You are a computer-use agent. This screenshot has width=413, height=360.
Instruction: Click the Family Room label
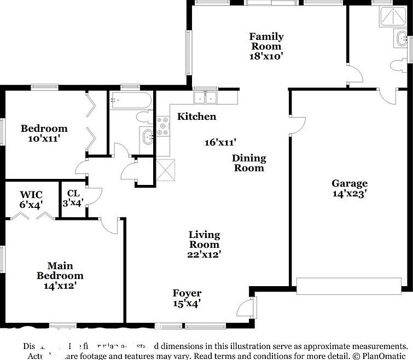pos(266,42)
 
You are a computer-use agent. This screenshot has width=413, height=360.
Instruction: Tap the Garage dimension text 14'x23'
pos(349,193)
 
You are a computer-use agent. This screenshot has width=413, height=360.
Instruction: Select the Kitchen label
pos(196,117)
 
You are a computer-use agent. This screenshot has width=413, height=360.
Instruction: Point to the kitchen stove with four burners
pos(163,126)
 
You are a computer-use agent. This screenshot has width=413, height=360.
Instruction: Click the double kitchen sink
pos(206,97)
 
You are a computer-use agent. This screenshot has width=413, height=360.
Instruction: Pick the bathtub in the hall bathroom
pos(131,101)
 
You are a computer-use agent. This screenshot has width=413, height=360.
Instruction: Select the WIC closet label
pos(31,195)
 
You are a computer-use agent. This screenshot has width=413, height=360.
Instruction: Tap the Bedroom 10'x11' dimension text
pos(44,138)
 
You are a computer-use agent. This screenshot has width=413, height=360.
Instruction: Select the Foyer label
pos(187,293)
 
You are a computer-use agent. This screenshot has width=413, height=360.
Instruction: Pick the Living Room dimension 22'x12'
pos(205,253)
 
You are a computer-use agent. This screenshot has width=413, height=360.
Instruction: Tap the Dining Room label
pos(249,163)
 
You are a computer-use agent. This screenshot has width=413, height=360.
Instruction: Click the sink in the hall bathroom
pos(147,137)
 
